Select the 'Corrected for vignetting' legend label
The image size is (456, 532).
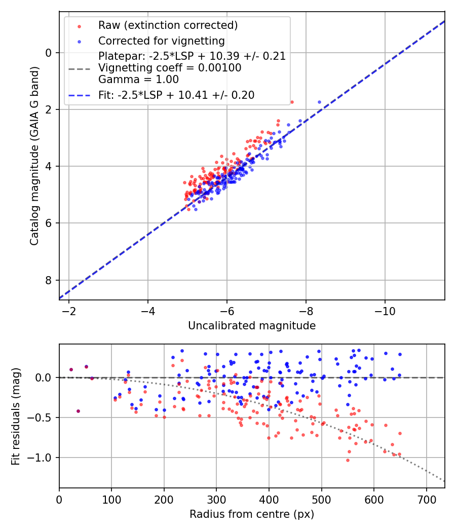coord(162,41)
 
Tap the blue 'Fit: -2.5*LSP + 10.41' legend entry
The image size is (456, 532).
coord(176,95)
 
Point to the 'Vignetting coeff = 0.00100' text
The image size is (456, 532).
coord(170,68)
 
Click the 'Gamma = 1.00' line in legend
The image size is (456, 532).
coord(138,80)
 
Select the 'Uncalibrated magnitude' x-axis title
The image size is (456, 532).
coord(252,326)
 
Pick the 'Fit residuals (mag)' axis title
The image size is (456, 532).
coord(16,415)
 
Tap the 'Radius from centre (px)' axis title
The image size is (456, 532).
coord(252,514)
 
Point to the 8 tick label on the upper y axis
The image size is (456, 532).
coord(49,280)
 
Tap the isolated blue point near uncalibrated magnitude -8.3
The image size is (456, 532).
coord(319,102)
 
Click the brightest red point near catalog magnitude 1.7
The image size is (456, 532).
coord(292,102)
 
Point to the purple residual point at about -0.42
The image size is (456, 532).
coord(78,411)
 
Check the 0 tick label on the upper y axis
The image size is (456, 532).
coord(49,53)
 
